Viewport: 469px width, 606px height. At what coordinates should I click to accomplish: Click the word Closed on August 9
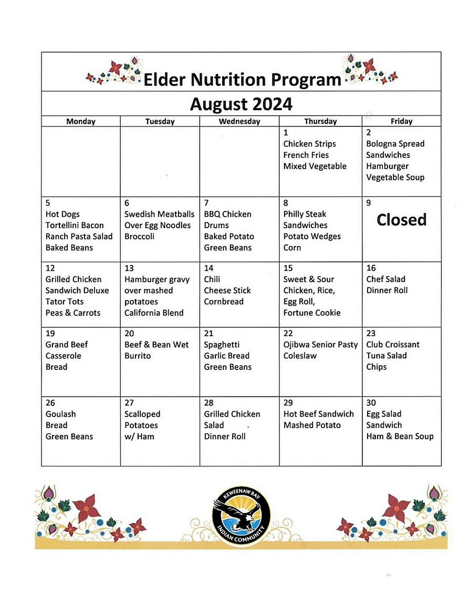[x=401, y=220]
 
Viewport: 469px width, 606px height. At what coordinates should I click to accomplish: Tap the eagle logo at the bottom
[x=242, y=516]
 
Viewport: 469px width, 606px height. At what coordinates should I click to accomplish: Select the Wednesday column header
[x=239, y=121]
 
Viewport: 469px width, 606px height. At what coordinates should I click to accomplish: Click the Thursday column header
[x=320, y=121]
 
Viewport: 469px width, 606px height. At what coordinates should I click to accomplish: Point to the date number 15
[x=288, y=268]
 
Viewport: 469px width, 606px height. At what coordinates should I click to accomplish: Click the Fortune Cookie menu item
[x=312, y=313]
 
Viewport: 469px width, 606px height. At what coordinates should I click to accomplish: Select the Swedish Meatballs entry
[x=159, y=214]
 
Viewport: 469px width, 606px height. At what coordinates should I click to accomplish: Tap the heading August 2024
[x=241, y=104]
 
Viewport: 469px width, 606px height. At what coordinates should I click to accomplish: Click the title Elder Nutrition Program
[x=242, y=80]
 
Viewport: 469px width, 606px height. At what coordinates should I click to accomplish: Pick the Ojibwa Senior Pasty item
[x=320, y=345]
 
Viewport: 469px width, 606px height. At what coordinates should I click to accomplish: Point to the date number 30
[x=371, y=403]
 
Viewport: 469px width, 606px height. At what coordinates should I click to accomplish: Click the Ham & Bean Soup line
[x=400, y=437]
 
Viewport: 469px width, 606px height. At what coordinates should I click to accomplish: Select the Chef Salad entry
[x=385, y=279]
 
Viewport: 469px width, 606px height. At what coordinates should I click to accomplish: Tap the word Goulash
[x=60, y=414]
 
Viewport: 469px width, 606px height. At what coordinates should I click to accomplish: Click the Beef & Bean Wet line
[x=157, y=345]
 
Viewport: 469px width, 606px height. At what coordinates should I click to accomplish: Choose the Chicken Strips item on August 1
[x=309, y=144]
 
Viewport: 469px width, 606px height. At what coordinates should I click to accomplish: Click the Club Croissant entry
[x=393, y=345]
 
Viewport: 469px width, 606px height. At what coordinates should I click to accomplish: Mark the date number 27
[x=129, y=403]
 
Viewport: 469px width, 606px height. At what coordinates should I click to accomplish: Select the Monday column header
[x=81, y=121]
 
